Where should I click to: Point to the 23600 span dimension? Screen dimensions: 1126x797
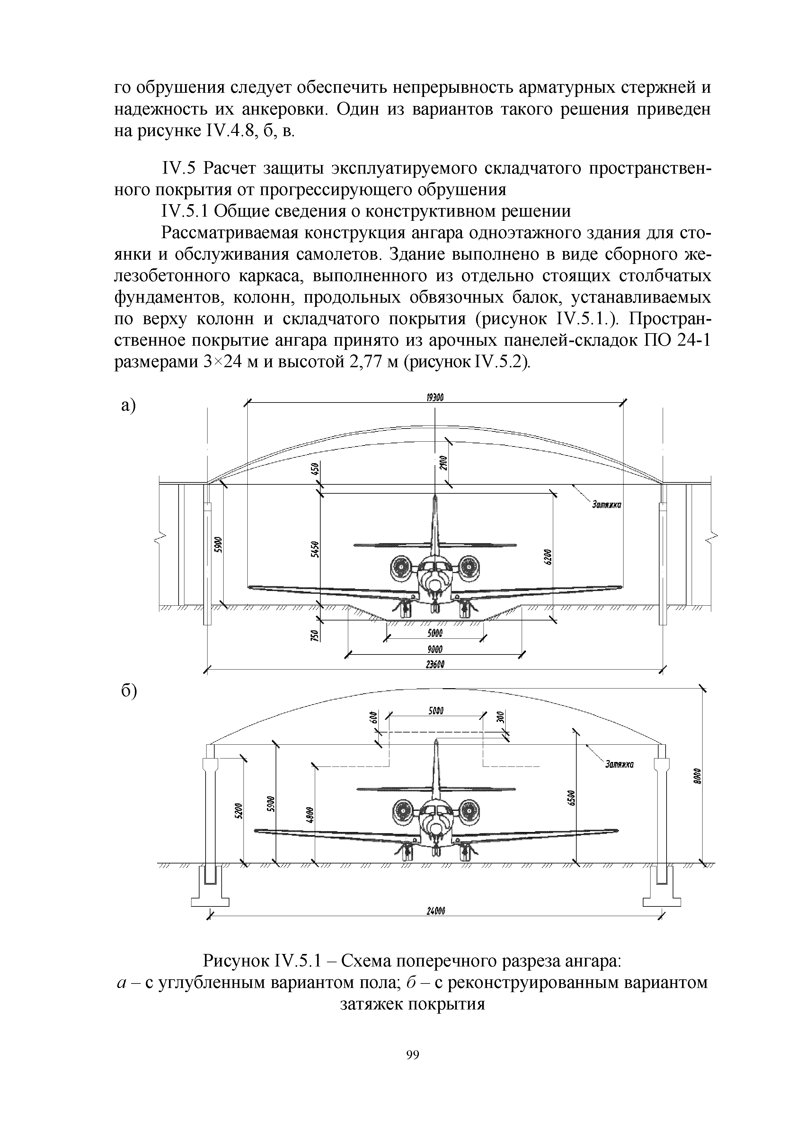(435, 664)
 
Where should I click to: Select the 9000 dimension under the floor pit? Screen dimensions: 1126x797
(435, 649)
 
